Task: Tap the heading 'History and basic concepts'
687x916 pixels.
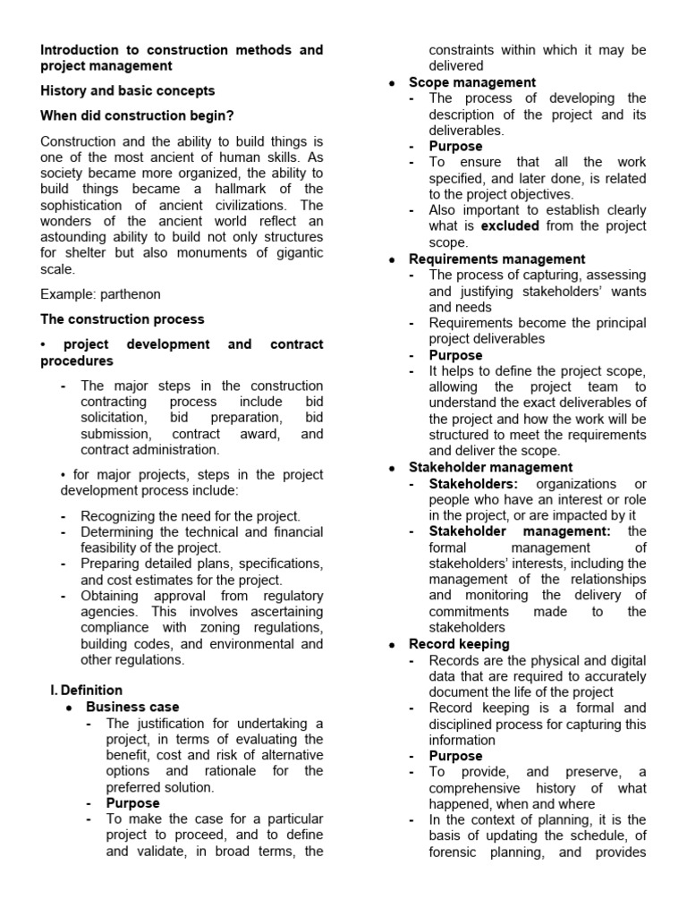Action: [128, 90]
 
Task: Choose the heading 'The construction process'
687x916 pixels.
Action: [123, 318]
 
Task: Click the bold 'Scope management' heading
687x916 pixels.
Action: [472, 82]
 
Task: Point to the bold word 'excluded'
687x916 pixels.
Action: [513, 226]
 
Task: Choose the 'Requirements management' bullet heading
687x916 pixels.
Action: [497, 259]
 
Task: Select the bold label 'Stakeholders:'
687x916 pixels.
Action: [473, 483]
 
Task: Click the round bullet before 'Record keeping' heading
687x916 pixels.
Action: [393, 645]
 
